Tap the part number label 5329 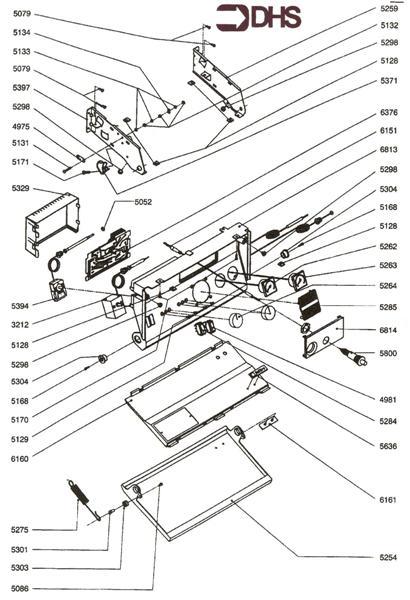(21, 188)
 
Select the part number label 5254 (390, 556)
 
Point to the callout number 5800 (390, 353)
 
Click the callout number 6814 (390, 330)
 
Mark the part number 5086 (21, 590)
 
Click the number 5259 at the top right (390, 9)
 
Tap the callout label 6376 (390, 113)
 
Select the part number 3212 (21, 325)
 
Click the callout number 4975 (21, 128)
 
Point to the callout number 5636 (390, 447)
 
